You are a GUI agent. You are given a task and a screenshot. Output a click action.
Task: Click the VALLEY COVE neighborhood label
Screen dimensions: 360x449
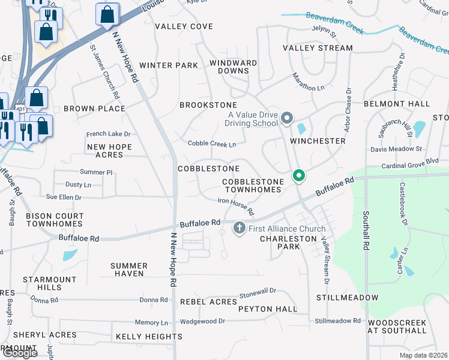coord(184,26)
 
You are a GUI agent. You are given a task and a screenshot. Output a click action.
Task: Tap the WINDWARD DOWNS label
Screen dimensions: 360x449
coord(234,67)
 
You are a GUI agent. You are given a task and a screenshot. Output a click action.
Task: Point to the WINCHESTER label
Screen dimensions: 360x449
coord(318,141)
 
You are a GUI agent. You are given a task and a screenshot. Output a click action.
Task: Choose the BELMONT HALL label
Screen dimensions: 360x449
coord(397,104)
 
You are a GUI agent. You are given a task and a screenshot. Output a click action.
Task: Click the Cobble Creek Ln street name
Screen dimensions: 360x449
coord(212,144)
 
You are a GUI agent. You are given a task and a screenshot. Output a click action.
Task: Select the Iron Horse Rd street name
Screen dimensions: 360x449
coord(236,208)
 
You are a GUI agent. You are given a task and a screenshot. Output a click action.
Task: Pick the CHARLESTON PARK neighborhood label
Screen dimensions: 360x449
coord(288,242)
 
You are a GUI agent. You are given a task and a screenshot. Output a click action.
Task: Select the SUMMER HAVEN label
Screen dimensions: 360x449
coord(129,269)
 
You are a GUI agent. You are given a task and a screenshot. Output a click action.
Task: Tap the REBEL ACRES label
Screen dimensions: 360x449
coord(208,301)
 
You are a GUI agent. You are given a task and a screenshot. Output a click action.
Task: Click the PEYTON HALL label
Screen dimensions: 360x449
coord(268,309)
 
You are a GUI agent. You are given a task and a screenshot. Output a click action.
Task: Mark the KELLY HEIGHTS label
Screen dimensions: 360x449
coord(149,337)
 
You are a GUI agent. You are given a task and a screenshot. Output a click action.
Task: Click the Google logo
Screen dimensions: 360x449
coord(19,353)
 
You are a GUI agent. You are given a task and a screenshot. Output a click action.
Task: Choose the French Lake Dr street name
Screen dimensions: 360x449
coord(108,134)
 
